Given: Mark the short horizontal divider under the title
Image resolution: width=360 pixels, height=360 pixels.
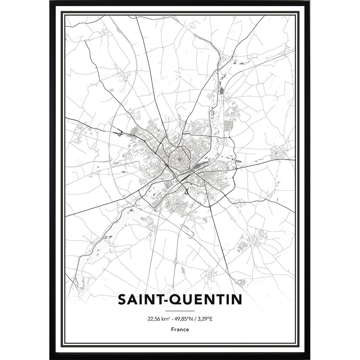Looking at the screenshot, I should click(180, 311).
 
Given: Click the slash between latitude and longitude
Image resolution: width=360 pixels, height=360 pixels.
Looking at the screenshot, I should click(196, 319).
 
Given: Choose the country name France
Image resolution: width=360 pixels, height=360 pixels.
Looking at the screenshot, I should click(180, 329).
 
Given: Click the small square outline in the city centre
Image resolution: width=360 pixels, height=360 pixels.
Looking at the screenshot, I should click(180, 160).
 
